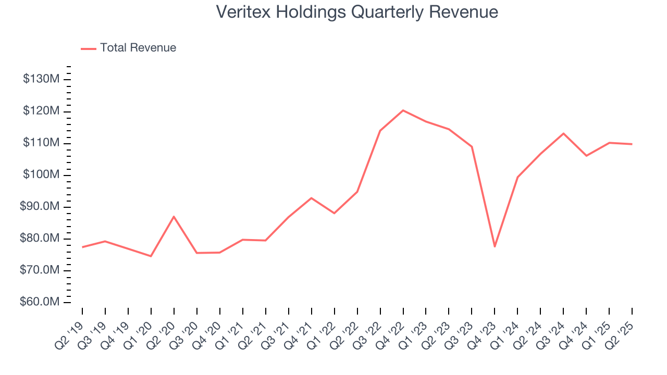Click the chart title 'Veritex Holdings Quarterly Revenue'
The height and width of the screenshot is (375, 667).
pos(357,12)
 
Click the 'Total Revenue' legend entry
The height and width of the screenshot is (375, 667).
pos(138,48)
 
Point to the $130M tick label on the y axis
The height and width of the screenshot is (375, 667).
pos(41,79)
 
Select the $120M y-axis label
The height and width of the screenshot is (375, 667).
pos(41,111)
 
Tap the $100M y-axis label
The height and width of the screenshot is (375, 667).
pos(41,175)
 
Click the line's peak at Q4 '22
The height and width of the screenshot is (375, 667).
pos(403,110)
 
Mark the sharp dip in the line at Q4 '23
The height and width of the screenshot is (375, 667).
pos(495,246)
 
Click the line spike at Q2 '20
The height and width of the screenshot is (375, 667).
pos(174,217)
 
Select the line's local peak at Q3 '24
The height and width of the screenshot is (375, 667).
pos(563,133)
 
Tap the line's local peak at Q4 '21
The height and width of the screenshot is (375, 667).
pos(311,198)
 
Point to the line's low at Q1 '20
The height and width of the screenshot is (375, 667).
pos(151,256)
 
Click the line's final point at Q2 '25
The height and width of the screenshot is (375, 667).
pos(632,144)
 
